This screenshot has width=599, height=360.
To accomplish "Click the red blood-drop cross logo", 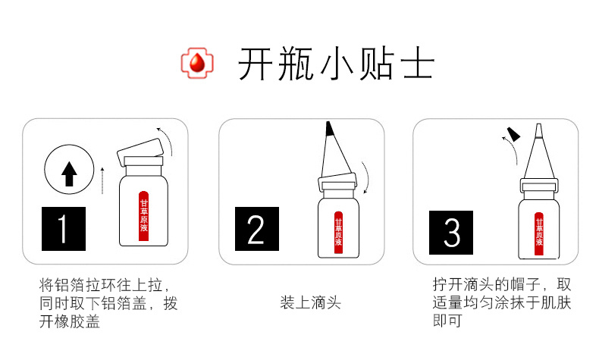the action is coord(197,63).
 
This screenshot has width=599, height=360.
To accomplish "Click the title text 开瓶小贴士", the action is coord(336,64).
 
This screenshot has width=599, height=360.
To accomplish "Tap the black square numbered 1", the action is coord(64,229).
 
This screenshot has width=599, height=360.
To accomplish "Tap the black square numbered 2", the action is coord(257,229).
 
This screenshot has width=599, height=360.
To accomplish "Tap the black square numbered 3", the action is coord(451,233).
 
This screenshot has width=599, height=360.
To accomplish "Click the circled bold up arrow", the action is coord(69,169).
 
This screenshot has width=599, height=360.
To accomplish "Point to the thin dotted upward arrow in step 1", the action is coord(102,180).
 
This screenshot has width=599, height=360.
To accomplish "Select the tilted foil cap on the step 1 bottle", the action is coord(140,152).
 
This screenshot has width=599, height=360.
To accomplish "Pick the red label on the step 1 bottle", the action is coord(143,216).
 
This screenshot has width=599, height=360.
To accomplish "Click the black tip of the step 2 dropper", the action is coord(329,129).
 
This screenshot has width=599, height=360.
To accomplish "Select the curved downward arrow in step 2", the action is coord(365,178).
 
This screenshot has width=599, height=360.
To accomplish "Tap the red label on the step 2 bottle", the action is coord(338,233).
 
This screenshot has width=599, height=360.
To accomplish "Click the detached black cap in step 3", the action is coord(513,133).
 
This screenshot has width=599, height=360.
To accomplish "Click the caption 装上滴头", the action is coord(310,302).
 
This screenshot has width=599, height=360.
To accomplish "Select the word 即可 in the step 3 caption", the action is coord(447,321).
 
